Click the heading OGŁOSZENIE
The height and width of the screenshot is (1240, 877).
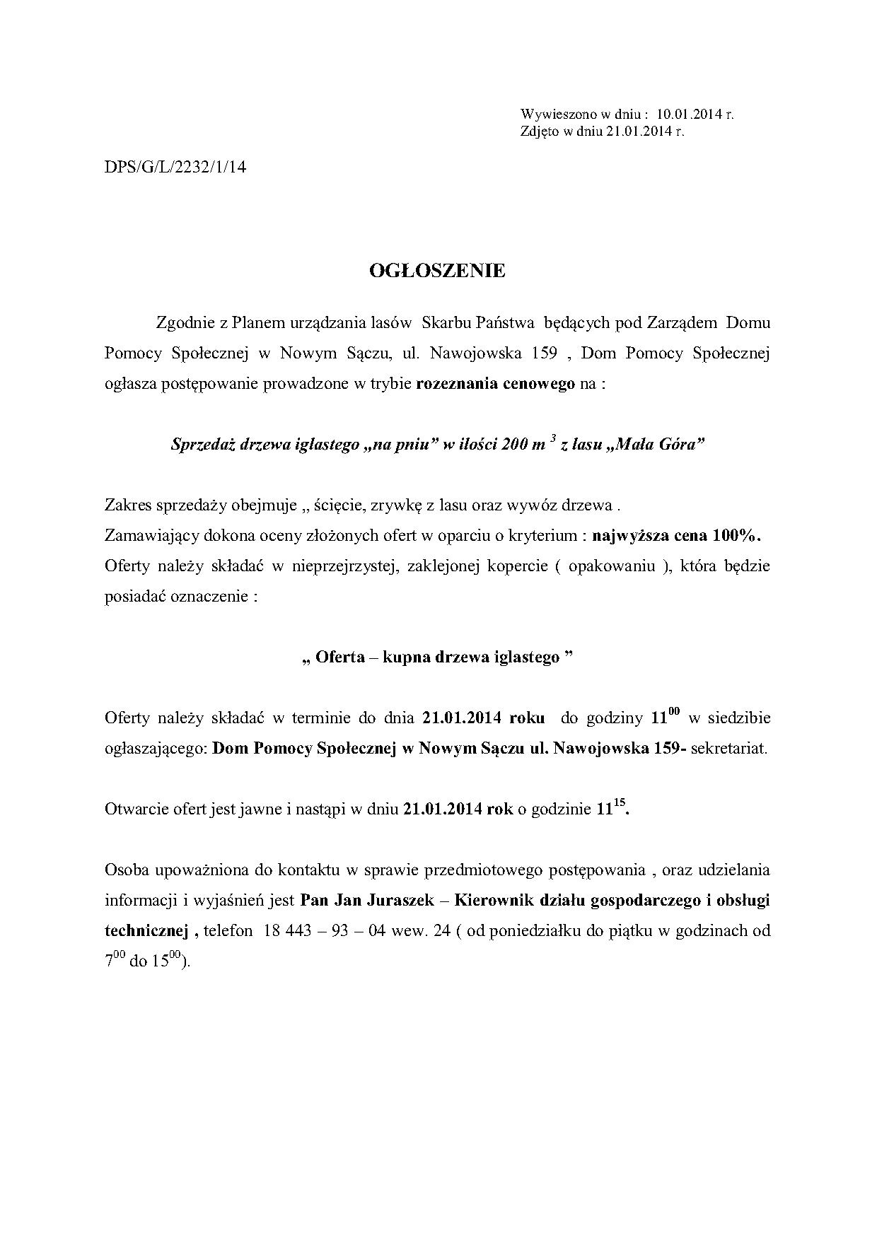(x=438, y=271)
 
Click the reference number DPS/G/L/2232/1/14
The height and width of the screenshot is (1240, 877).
(x=175, y=168)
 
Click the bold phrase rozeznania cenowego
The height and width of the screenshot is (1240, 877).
(x=496, y=385)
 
